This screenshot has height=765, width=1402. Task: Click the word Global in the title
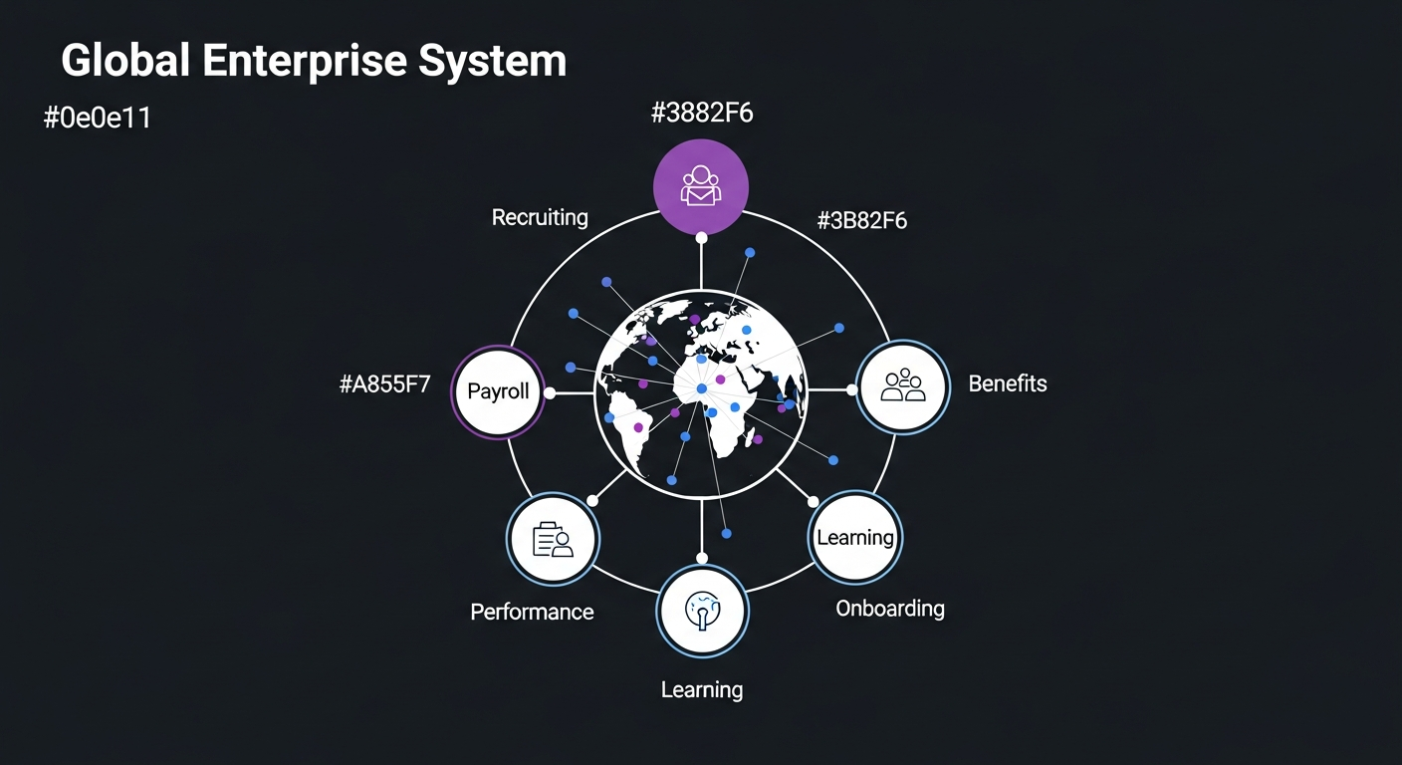124,61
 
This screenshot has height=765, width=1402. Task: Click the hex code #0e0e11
97,119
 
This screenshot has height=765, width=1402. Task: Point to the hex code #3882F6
702,114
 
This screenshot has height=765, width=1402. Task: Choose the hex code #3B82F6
861,221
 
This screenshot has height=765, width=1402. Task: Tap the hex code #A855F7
385,384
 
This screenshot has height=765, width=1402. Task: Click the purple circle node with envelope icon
700,186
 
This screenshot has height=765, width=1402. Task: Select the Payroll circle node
498,391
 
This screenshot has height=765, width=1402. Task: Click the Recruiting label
540,217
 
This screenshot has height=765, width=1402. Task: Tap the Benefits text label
1008,383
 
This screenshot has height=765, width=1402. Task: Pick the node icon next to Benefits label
903,386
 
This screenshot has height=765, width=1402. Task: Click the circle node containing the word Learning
854,537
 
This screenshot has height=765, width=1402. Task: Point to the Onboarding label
890,608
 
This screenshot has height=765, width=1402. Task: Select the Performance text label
532,612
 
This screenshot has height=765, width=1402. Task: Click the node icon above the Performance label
553,539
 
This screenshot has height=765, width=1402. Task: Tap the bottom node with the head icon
702,611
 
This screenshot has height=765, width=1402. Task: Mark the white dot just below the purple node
702,237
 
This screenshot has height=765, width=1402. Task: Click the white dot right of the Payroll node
550,392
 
